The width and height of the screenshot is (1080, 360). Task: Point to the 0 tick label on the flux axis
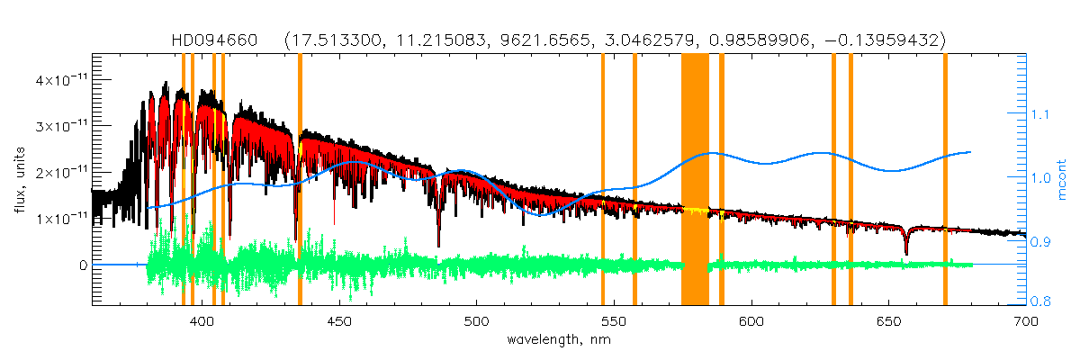[83, 265]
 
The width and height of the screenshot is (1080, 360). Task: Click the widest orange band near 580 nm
[695, 180]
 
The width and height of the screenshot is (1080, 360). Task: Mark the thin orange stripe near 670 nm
[945, 180]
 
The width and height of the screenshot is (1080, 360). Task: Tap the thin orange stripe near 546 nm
[603, 180]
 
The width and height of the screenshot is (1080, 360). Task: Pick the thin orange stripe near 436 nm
[300, 180]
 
